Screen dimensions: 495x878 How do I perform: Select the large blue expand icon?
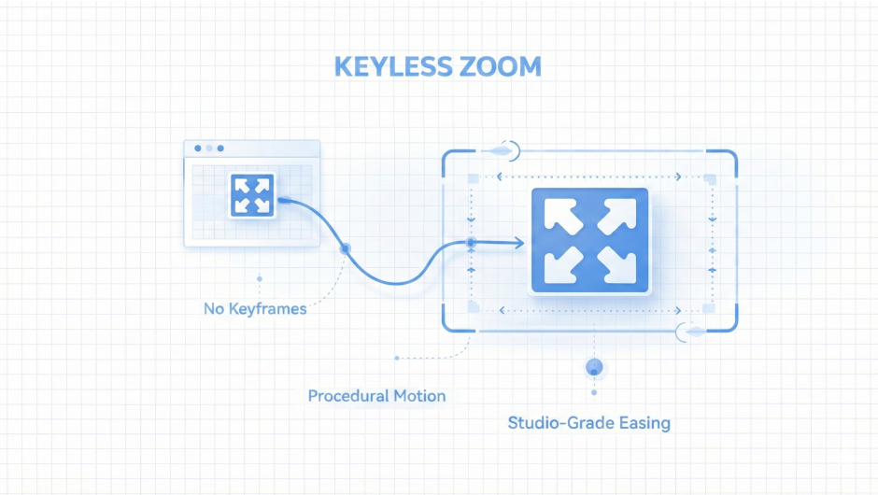click(x=588, y=241)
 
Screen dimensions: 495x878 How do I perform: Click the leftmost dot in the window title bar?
click(x=197, y=148)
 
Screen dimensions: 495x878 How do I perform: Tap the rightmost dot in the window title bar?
click(x=220, y=148)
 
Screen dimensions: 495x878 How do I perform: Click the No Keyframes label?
click(x=255, y=308)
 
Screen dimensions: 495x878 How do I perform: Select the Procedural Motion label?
click(x=376, y=396)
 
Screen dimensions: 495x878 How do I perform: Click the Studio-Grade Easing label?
click(x=588, y=423)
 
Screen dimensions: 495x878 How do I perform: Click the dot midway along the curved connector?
click(x=345, y=248)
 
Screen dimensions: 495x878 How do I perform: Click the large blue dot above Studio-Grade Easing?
click(x=592, y=367)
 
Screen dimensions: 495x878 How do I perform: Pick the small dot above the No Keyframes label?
click(x=259, y=278)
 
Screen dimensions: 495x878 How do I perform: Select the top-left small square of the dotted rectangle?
click(x=474, y=177)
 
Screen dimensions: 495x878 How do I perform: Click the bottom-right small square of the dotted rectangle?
click(x=708, y=308)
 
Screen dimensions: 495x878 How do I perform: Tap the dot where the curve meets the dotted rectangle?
click(x=471, y=244)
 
